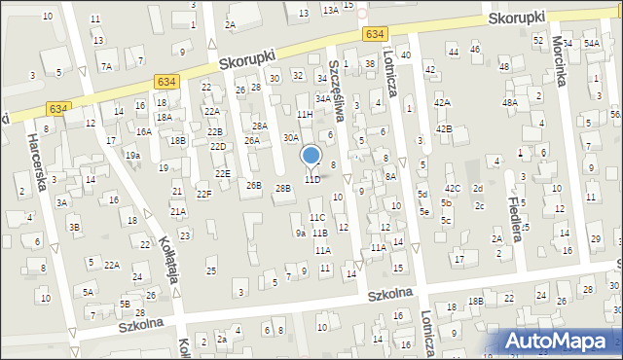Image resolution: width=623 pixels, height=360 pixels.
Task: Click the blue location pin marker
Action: [311, 156]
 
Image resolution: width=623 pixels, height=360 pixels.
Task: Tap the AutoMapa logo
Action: [560, 342]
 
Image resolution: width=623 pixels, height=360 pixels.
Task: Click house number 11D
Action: [311, 180]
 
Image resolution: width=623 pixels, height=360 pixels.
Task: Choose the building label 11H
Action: [306, 115]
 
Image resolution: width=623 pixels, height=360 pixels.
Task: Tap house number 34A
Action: [323, 98]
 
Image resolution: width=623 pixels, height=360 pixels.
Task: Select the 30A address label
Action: [291, 138]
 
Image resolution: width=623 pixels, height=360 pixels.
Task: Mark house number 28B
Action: [282, 188]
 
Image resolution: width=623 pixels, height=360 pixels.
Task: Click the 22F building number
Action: [203, 195]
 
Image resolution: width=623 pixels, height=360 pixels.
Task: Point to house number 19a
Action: [132, 155]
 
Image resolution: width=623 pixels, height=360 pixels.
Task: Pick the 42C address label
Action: [453, 188]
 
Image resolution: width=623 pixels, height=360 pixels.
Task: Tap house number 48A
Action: [509, 102]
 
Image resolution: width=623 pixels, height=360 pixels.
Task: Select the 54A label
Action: [591, 44]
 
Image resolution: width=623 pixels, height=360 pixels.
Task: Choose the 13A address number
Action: [331, 9]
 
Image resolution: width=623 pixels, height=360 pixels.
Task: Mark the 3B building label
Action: [74, 227]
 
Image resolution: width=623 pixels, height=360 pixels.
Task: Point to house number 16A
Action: [143, 131]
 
